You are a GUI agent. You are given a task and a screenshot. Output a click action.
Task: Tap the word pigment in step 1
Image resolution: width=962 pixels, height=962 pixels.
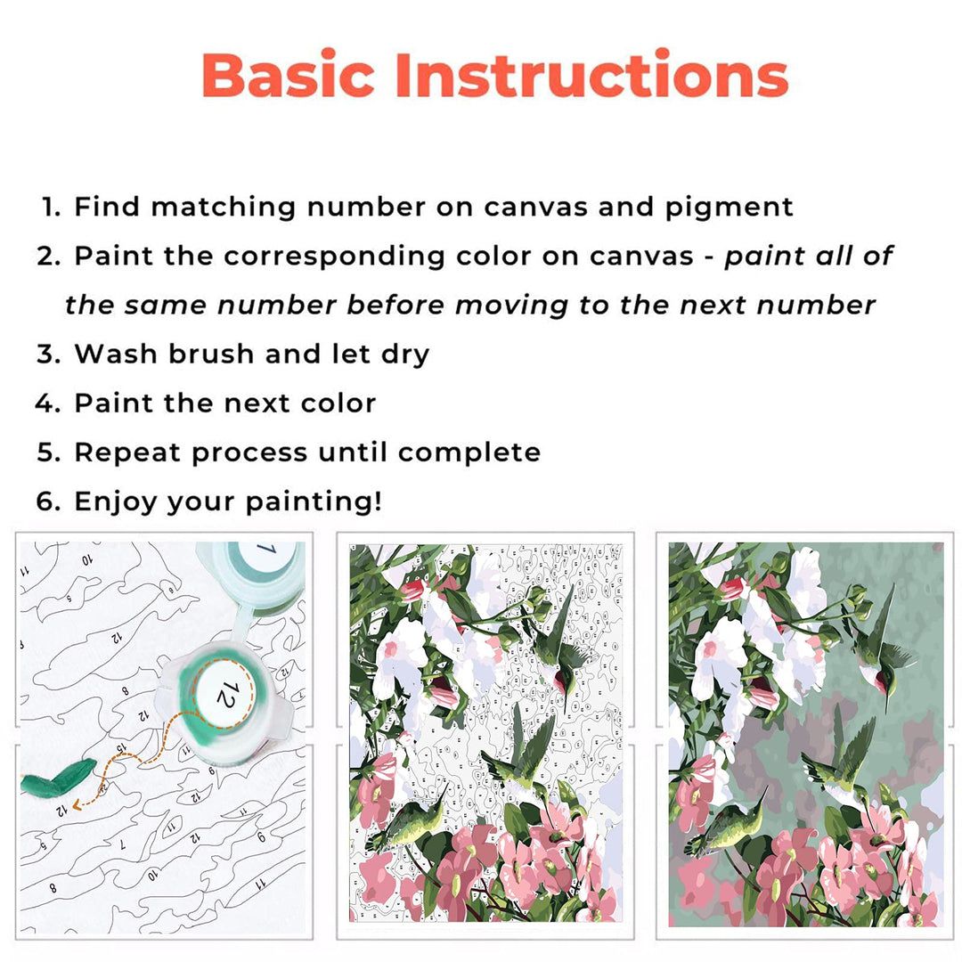tap(729, 208)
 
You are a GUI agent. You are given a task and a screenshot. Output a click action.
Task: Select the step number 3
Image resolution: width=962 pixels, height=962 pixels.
tap(47, 354)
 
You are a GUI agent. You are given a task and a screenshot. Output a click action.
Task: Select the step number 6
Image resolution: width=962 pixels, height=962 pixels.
tap(47, 501)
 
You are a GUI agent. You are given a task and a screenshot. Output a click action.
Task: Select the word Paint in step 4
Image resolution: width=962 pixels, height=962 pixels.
tap(114, 403)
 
